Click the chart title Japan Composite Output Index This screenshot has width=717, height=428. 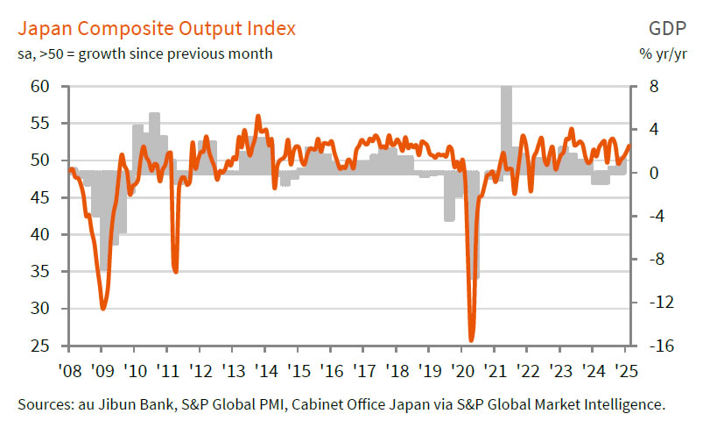157,28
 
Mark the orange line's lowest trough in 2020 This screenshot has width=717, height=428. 471,340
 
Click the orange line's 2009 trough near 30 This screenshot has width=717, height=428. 103,309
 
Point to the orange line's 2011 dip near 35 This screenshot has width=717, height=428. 176,271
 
